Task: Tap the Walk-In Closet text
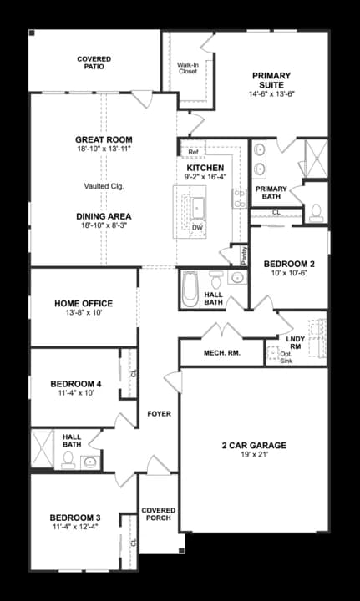[x=188, y=68]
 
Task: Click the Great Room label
[x=104, y=139]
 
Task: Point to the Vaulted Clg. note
[x=104, y=185]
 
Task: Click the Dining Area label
[x=104, y=216]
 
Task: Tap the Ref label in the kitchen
[x=193, y=152]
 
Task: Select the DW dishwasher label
[x=197, y=227]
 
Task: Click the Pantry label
[x=244, y=254]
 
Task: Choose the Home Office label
[x=84, y=303]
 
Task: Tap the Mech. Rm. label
[x=221, y=353]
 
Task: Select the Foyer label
[x=160, y=414]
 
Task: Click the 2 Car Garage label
[x=254, y=446]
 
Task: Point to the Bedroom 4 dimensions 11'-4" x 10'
[x=74, y=392]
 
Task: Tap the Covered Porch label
[x=157, y=513]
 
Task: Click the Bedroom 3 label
[x=74, y=517]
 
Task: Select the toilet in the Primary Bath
[x=317, y=215]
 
